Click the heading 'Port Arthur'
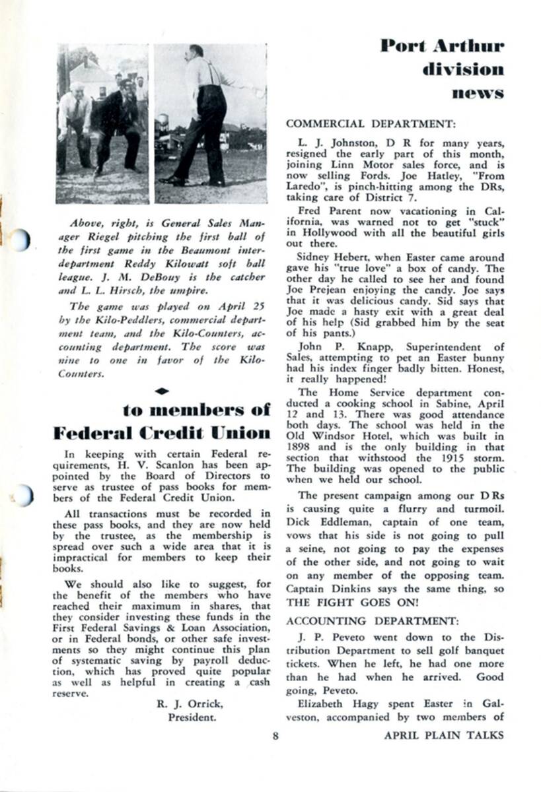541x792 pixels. click(x=442, y=46)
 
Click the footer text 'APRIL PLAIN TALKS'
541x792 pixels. click(x=443, y=735)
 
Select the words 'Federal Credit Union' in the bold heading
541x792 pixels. click(x=162, y=433)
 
